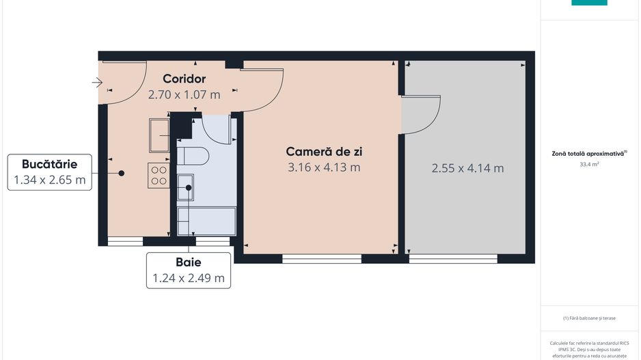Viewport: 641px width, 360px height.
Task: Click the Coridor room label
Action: tap(184, 79)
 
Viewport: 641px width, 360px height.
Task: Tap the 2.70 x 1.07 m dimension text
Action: tap(184, 95)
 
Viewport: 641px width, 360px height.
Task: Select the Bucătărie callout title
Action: tap(49, 164)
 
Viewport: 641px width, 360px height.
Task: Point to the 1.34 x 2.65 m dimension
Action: tap(49, 180)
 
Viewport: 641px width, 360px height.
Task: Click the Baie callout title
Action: tap(188, 262)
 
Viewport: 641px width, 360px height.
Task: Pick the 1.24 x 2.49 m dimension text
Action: tap(188, 278)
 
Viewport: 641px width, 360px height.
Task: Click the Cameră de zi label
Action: tap(323, 152)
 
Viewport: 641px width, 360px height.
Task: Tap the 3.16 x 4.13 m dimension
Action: tap(323, 167)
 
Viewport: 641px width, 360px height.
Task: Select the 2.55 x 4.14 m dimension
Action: tap(467, 168)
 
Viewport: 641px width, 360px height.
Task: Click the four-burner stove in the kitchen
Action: tap(159, 176)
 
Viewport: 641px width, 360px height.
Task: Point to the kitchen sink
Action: tap(160, 135)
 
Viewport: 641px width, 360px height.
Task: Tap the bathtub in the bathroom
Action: tap(206, 221)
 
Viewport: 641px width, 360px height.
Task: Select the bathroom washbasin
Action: tap(186, 186)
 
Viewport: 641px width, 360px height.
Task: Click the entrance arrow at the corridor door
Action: tap(97, 83)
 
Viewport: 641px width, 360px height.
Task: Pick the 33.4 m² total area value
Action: tap(589, 165)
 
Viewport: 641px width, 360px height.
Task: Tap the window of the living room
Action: tap(322, 258)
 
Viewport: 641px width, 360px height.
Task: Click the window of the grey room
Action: tap(453, 258)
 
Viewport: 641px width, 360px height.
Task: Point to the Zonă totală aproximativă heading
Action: tap(589, 154)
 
